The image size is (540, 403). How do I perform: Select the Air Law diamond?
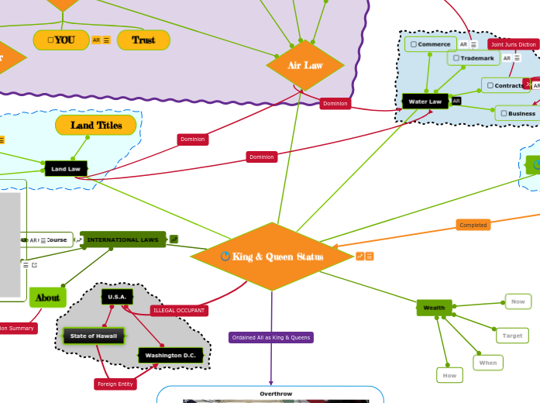(x=305, y=65)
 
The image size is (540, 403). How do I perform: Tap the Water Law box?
(x=425, y=102)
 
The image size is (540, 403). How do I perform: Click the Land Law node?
(x=66, y=168)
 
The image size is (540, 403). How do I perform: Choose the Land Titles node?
(x=97, y=125)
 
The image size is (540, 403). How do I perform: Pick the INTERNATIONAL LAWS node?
(x=122, y=239)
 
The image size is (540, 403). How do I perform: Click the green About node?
(x=47, y=297)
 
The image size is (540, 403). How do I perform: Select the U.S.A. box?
(x=117, y=297)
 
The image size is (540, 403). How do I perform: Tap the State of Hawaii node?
(x=93, y=336)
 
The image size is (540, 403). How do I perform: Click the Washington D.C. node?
(x=170, y=355)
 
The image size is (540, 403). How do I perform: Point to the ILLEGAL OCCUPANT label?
(x=179, y=310)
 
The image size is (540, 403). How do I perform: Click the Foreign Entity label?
(x=115, y=384)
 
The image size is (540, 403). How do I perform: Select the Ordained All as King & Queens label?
(x=271, y=337)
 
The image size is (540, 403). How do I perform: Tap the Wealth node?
(x=434, y=308)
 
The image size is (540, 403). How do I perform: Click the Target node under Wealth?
(x=512, y=336)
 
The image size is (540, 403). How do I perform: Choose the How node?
(x=449, y=375)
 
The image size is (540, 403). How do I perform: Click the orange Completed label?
(x=473, y=225)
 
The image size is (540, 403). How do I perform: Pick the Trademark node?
(x=473, y=58)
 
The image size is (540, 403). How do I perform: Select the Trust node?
(x=143, y=40)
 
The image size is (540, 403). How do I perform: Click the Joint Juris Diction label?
(x=514, y=44)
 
